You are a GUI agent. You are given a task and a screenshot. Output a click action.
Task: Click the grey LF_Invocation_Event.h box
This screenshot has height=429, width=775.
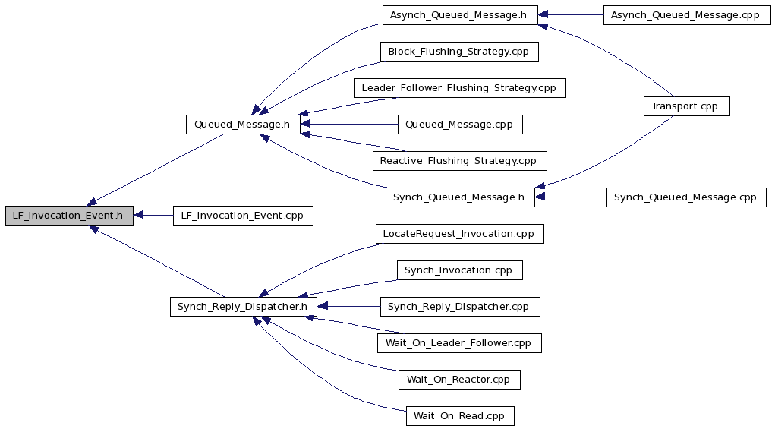[69, 216]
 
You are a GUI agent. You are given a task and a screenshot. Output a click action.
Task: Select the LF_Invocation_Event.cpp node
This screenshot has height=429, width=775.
[243, 216]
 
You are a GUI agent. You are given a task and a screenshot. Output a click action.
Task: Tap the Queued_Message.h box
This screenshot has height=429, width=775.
[243, 124]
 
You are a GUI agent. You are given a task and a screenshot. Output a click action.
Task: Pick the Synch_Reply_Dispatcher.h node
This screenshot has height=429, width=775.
[243, 307]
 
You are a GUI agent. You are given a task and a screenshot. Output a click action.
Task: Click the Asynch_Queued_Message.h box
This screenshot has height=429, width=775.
[459, 15]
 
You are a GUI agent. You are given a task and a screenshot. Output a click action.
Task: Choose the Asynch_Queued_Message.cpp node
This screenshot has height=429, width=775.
[687, 15]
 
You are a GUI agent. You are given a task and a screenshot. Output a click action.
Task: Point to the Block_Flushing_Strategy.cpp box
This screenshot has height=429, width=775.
[459, 52]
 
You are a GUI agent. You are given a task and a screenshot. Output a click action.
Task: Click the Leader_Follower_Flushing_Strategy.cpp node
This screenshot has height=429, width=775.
[460, 88]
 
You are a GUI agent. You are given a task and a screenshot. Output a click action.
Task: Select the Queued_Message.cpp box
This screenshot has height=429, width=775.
[460, 124]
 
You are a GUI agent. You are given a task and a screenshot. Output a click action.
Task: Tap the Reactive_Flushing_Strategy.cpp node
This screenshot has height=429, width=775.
[460, 161]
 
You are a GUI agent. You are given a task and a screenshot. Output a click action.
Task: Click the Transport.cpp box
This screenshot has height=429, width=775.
[686, 106]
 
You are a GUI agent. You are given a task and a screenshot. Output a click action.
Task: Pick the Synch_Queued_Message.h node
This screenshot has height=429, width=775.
[460, 197]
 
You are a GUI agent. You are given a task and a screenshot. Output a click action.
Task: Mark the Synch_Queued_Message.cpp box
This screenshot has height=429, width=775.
[686, 197]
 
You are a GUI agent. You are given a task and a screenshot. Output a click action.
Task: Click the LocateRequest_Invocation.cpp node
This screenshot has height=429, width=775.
[460, 234]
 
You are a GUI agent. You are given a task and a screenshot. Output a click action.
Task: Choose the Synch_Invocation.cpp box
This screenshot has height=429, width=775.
[460, 270]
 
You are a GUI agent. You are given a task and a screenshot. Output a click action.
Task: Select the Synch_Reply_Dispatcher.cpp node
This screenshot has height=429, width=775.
[460, 307]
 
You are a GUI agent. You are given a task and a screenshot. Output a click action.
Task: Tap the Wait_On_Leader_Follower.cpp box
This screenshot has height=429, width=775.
[459, 343]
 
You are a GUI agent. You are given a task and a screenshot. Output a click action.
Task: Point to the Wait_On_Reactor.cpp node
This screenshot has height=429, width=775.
[459, 380]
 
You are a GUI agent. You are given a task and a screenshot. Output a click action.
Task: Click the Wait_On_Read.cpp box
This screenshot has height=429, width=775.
[460, 415]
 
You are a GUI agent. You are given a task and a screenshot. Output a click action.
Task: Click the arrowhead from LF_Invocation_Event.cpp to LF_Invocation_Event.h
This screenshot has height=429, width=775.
[138, 216]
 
